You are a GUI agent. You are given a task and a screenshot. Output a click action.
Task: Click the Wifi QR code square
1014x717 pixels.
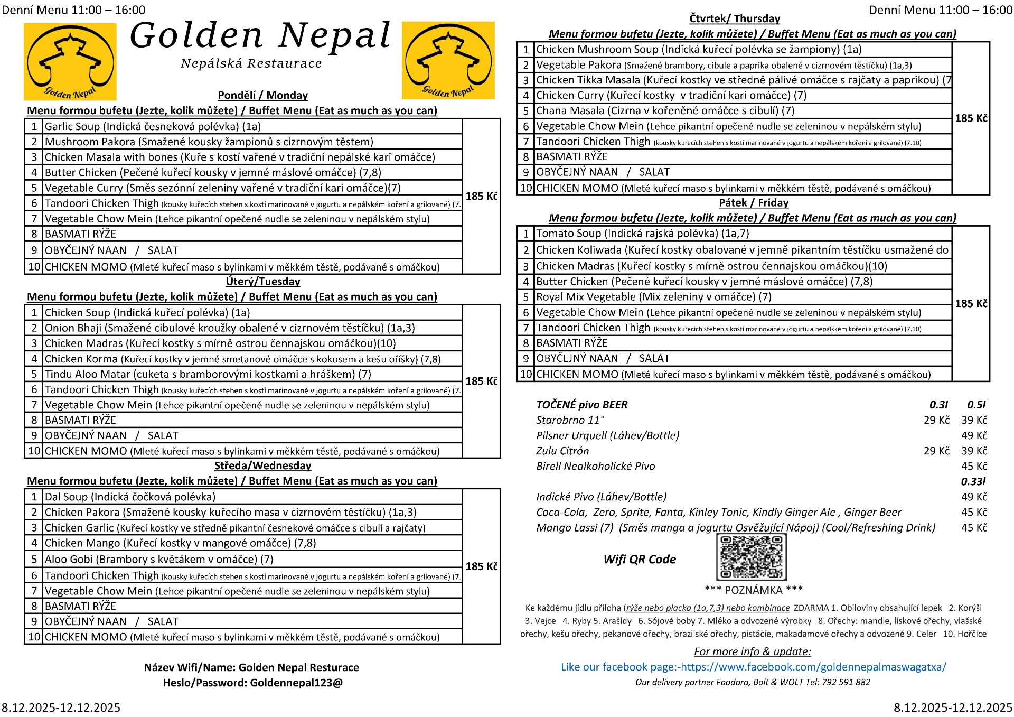(x=751, y=557)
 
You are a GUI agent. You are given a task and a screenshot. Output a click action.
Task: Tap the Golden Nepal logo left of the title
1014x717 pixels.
(x=70, y=62)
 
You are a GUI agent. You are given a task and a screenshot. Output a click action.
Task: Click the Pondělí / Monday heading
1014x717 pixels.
(x=262, y=96)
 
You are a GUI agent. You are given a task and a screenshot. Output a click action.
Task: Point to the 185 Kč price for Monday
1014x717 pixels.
(x=481, y=196)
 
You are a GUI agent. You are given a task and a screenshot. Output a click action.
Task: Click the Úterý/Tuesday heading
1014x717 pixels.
(x=262, y=282)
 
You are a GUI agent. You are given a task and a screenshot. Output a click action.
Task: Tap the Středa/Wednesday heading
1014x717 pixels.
(x=262, y=466)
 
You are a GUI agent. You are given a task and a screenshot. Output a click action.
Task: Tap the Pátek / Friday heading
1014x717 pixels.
(x=754, y=203)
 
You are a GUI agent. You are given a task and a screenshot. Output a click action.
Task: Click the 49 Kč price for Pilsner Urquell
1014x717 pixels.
(x=974, y=435)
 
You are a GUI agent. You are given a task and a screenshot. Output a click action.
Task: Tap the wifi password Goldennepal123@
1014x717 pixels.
(x=296, y=683)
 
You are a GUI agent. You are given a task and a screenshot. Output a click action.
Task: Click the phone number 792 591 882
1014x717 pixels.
(x=846, y=682)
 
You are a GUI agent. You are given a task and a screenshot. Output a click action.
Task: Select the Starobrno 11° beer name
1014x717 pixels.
(x=570, y=420)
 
